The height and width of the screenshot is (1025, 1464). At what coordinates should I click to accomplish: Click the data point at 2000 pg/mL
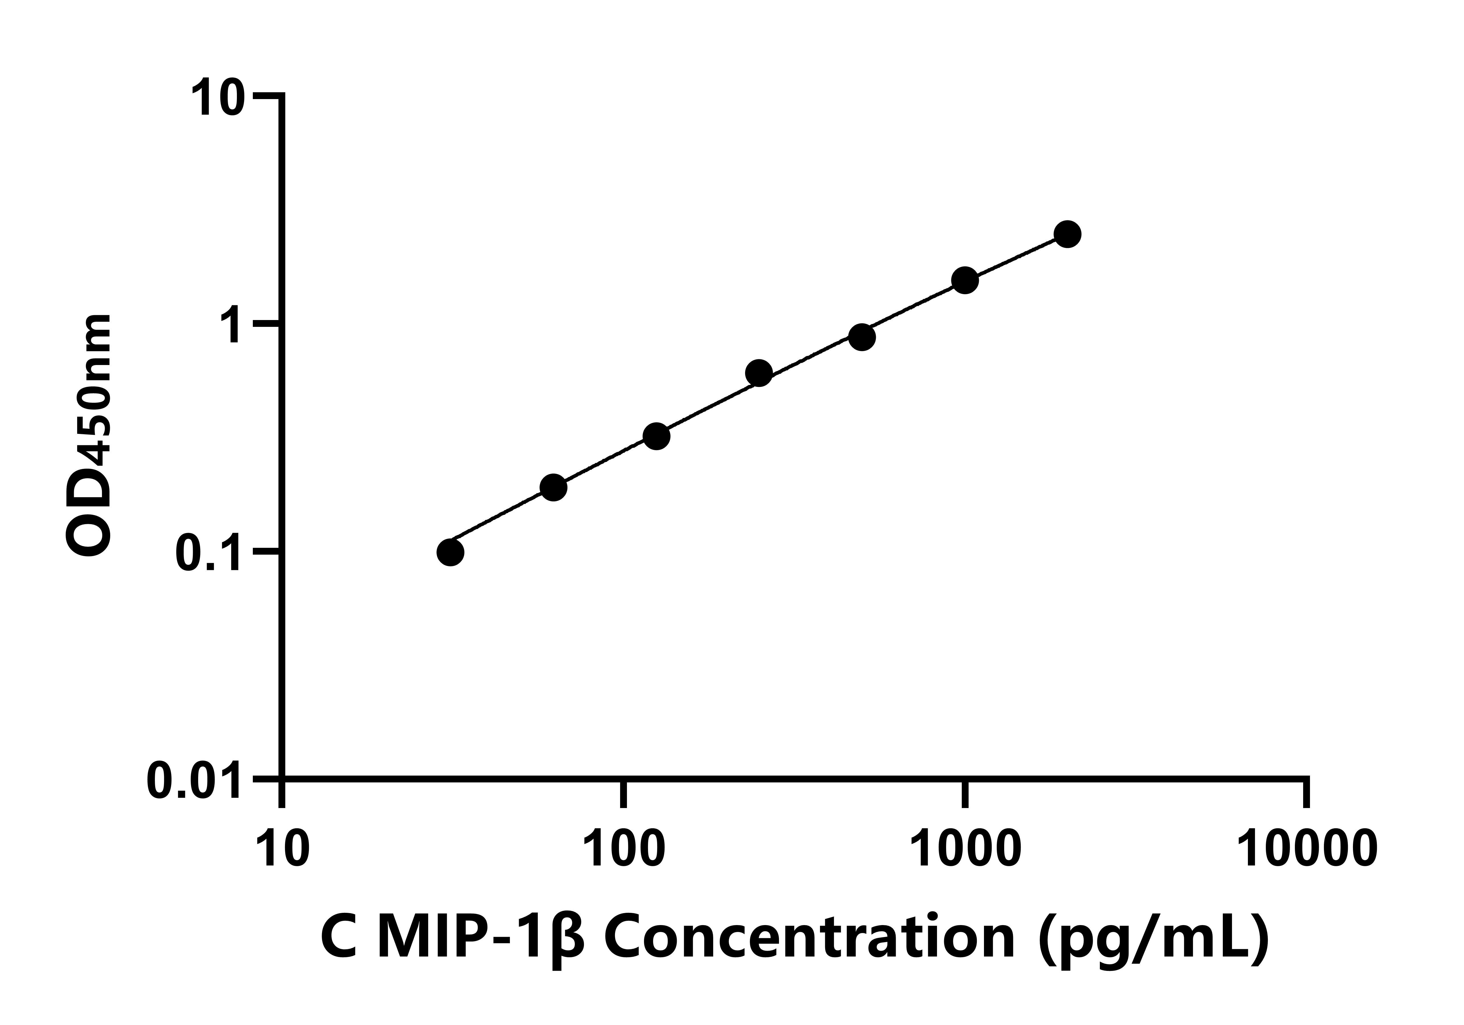[x=1067, y=234]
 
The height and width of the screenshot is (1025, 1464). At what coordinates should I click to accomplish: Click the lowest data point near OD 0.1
[x=450, y=552]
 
